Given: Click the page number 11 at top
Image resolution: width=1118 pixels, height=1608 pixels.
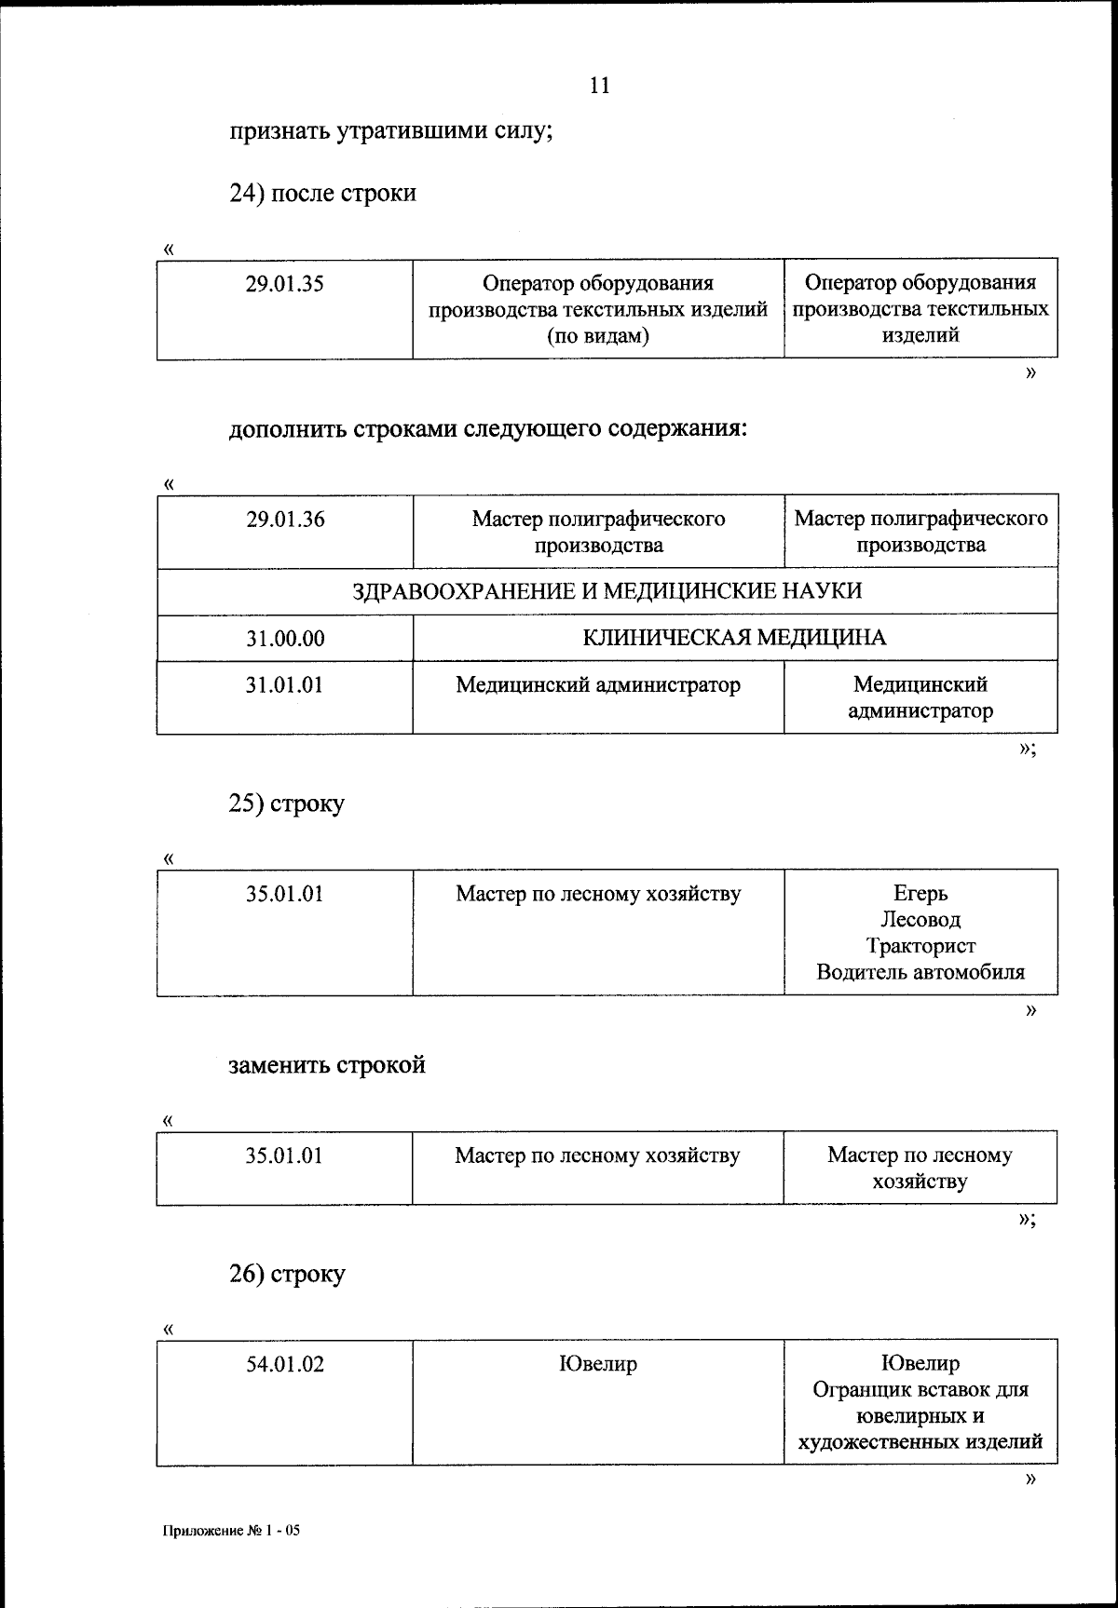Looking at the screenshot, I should point(599,86).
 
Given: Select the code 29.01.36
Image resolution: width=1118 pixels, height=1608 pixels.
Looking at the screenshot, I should point(285,520).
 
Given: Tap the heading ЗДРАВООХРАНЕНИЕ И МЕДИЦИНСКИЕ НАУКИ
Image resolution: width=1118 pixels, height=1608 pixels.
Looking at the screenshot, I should point(607,591).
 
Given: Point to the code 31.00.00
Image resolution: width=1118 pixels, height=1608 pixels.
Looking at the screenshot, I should point(285,639).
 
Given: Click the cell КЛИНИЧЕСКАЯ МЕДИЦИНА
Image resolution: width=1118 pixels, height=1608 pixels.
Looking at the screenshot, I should point(734,638).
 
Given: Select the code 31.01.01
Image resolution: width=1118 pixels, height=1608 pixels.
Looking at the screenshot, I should point(285,686).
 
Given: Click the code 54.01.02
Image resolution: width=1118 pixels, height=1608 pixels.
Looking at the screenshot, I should point(285,1365).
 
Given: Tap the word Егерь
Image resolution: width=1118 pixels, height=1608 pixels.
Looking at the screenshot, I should point(920,894).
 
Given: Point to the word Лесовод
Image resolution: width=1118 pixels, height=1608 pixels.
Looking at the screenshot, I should point(920,920).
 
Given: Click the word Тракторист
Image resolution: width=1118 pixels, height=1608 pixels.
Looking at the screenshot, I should point(920,946).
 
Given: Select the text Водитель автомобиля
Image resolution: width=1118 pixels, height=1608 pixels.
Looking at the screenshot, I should point(920,973).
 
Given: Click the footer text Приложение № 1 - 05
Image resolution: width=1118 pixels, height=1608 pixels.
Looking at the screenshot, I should point(232,1530).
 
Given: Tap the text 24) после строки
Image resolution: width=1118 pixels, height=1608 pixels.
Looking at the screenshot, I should point(322,194).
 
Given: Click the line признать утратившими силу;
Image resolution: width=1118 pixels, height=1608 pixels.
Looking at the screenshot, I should point(391,131).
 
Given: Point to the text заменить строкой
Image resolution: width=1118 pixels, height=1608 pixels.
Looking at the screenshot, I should point(327,1065).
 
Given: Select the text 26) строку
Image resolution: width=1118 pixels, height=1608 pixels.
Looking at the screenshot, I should point(287,1274).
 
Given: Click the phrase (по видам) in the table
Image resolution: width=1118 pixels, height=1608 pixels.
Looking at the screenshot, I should point(597,336).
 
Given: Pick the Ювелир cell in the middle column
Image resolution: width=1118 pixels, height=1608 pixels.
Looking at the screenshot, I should point(597,1365).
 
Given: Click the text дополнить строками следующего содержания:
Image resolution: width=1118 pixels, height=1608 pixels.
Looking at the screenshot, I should point(488,430).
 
